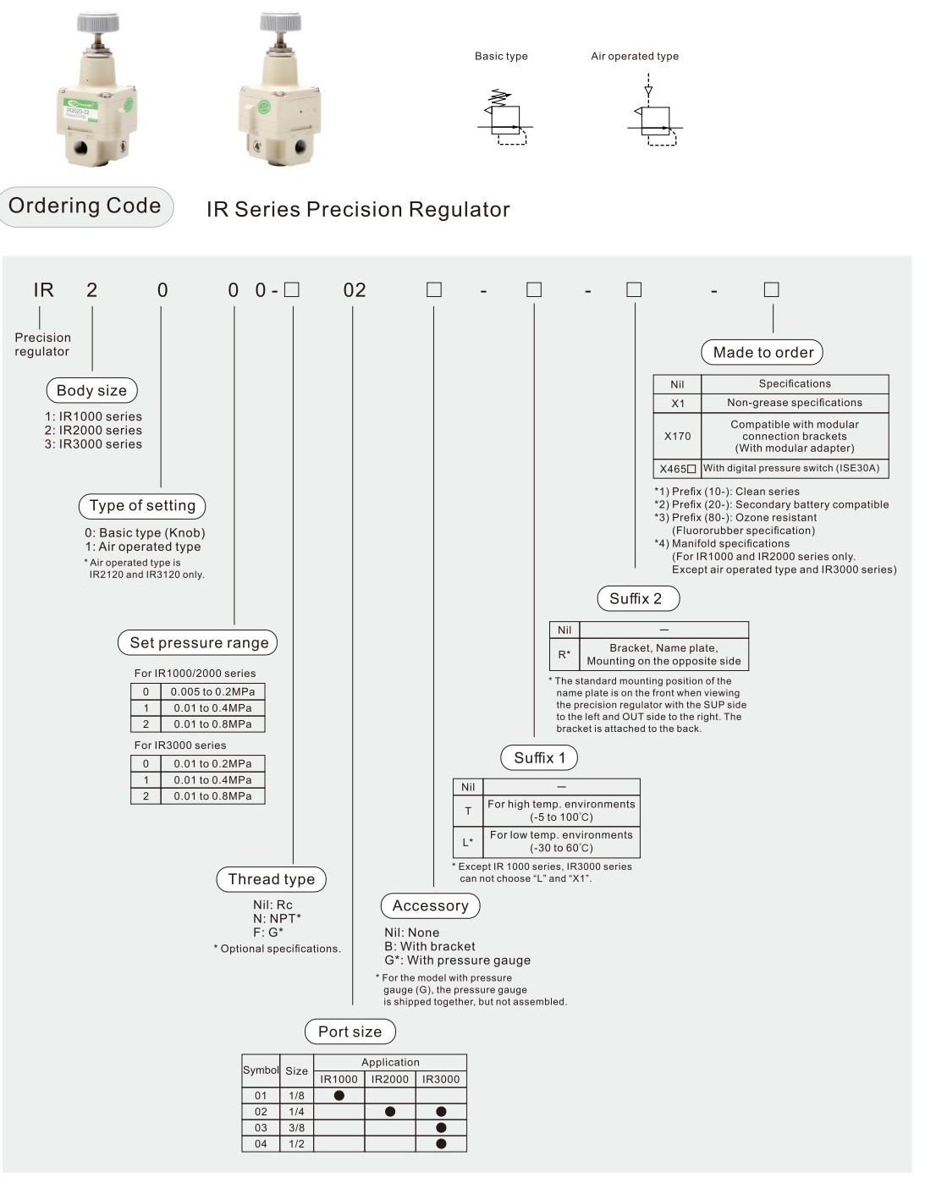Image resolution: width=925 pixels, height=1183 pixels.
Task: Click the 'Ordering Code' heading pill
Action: [x=85, y=206]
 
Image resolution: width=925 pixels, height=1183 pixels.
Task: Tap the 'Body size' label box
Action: [x=91, y=390]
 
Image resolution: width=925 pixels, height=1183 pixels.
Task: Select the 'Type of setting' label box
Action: [x=142, y=506]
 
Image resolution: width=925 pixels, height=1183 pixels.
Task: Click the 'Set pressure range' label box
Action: [x=198, y=643]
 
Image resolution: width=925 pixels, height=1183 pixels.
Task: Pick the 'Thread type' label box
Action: [x=271, y=879]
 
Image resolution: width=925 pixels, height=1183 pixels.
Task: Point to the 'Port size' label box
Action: [x=350, y=1032]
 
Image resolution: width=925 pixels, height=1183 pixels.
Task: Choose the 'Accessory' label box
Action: [x=430, y=906]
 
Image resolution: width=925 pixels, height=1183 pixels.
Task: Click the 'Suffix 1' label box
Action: [x=539, y=758]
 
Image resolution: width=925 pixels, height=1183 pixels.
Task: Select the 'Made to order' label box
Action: [x=763, y=353]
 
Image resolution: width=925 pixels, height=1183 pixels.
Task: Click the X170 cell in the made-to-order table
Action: [x=677, y=437]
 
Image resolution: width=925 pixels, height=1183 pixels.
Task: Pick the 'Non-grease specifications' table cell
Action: [x=794, y=403]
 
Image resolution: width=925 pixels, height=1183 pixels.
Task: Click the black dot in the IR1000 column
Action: [x=339, y=1096]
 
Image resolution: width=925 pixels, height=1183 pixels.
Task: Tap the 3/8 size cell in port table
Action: [x=296, y=1128]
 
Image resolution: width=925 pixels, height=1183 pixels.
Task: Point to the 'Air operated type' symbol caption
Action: [x=634, y=57]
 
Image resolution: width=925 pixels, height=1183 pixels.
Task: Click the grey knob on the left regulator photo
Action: [x=97, y=22]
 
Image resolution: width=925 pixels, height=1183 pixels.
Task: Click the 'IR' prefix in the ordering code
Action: [x=43, y=290]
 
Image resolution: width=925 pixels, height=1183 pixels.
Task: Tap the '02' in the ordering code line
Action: [x=354, y=290]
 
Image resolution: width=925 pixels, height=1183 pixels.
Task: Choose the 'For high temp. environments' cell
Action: [x=561, y=811]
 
